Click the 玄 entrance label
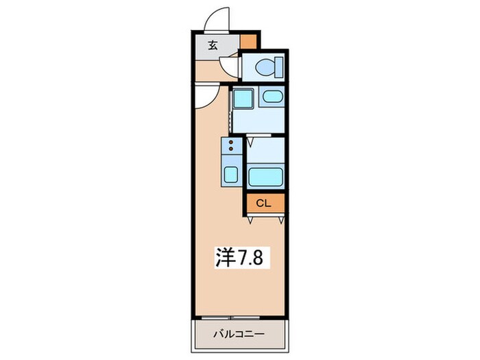click(x=213, y=45)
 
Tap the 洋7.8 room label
click(x=240, y=257)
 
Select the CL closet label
click(x=263, y=203)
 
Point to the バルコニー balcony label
click(x=239, y=333)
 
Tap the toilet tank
click(x=280, y=67)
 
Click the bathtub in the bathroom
click(x=265, y=177)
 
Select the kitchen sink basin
click(x=231, y=174)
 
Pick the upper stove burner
click(x=231, y=143)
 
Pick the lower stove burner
click(x=231, y=149)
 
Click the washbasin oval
click(x=272, y=97)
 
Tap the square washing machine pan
click(x=243, y=98)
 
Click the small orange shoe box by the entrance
click(x=248, y=42)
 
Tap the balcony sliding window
click(x=230, y=318)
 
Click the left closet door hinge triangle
click(x=250, y=220)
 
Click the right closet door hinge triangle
click(x=281, y=220)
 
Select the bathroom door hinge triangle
click(x=250, y=141)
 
